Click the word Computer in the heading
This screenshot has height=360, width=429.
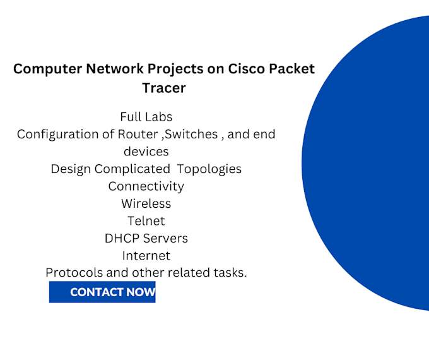(47, 69)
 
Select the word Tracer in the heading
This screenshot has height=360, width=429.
(164, 88)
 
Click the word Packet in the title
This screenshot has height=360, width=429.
(291, 68)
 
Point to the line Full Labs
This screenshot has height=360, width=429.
(146, 117)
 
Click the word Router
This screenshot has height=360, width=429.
(138, 135)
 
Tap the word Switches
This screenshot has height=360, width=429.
(192, 135)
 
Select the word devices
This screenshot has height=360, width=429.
(146, 152)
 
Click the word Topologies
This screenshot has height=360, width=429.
(209, 169)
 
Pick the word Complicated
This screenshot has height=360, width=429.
(132, 169)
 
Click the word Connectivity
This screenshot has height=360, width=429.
(146, 186)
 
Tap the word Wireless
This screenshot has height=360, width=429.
(146, 203)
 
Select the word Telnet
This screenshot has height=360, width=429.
(146, 221)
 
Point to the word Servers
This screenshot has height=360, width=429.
(165, 238)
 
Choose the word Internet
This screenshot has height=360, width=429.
(146, 256)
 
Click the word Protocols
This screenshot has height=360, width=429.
(74, 273)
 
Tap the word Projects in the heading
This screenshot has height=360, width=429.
(175, 69)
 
